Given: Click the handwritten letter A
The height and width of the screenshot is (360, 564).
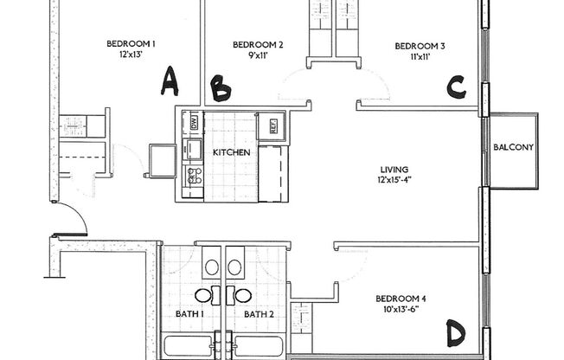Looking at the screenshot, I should [x=170, y=82].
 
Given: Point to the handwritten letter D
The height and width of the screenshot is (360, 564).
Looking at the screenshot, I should [x=456, y=333].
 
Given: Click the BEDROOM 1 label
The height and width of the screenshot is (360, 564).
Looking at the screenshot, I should [x=131, y=44].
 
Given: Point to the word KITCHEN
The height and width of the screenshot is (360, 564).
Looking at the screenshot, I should [x=231, y=152].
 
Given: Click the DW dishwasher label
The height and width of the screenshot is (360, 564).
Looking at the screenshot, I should [x=194, y=121].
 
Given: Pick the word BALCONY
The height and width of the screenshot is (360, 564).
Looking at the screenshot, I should [x=513, y=147].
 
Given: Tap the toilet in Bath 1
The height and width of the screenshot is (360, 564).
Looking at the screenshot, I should [x=212, y=266].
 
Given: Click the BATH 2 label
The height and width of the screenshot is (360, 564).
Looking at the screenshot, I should [x=259, y=314].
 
